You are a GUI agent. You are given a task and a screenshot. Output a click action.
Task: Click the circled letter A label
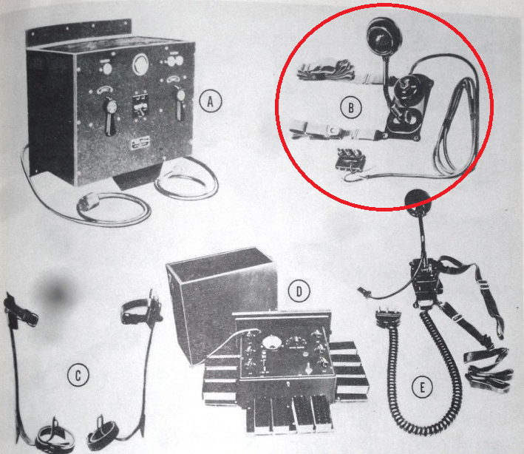(x=211, y=101)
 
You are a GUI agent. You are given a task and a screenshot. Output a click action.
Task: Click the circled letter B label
(x=351, y=108)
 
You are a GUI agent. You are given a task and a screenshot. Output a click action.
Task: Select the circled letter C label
(x=78, y=375)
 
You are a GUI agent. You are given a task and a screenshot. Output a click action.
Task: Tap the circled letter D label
(x=299, y=291)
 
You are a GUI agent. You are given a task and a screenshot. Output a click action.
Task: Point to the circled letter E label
(x=422, y=387)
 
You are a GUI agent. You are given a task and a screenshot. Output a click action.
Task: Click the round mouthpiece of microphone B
(x=384, y=36)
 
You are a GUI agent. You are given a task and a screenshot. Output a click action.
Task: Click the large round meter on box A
(x=140, y=64)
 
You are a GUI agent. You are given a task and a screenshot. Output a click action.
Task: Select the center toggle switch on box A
(x=140, y=104)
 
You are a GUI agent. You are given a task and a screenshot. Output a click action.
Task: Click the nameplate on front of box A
(x=140, y=143)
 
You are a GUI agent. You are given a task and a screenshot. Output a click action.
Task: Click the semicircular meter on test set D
(x=271, y=342)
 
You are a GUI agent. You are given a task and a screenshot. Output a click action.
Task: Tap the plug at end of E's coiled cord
(x=388, y=317)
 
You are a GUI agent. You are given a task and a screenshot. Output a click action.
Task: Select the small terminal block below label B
(x=350, y=159)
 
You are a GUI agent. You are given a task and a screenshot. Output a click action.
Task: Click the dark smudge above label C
(x=56, y=294)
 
